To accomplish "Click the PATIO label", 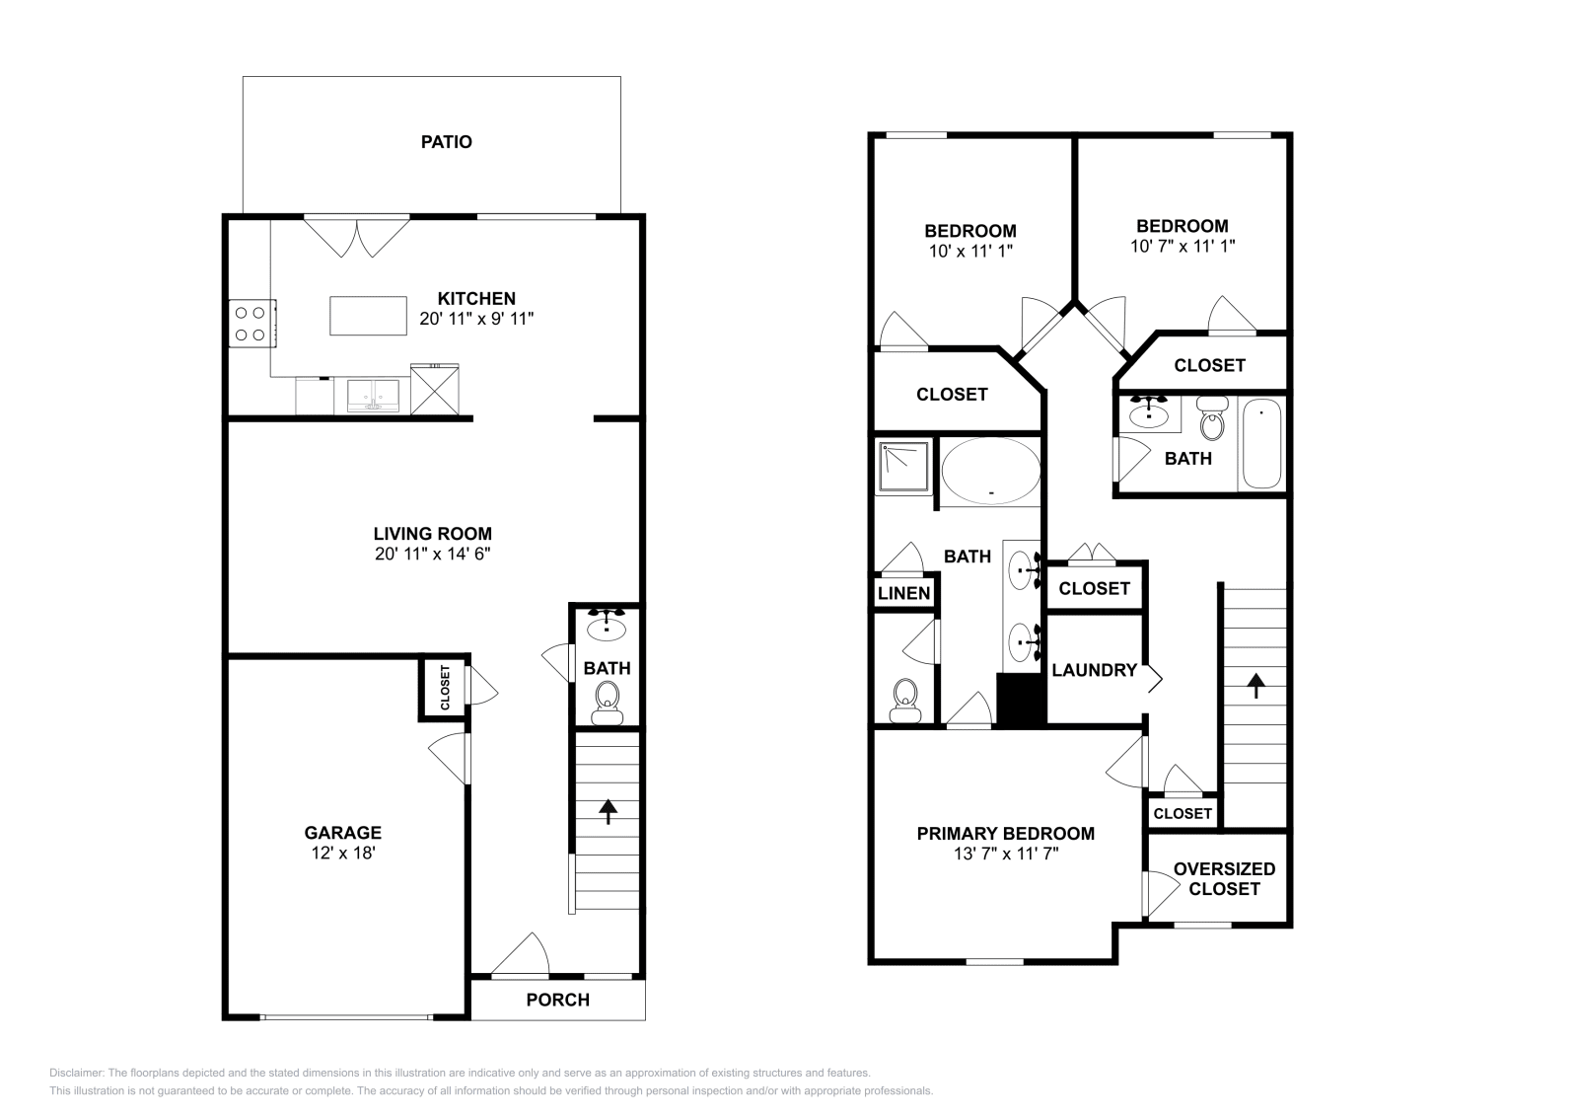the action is click(446, 142).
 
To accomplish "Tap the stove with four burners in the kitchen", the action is click(252, 324).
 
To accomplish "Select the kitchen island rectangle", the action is click(369, 316).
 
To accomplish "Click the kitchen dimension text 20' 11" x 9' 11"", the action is click(476, 319).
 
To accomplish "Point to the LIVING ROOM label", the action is click(433, 534).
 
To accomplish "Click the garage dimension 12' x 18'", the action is click(343, 853).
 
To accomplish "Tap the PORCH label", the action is click(558, 1000).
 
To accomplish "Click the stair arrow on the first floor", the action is click(608, 811).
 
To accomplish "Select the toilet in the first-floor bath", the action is click(607, 704).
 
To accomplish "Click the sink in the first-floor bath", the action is click(606, 625).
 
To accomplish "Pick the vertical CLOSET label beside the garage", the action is click(445, 688).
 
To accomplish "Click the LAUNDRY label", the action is click(1094, 670).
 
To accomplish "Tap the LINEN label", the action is click(903, 593).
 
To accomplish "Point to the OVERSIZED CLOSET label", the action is click(1224, 879).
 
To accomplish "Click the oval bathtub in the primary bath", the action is click(990, 472).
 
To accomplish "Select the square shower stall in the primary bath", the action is click(903, 466).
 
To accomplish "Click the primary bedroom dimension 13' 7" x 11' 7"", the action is click(1006, 854).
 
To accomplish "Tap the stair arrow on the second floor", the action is click(1256, 686).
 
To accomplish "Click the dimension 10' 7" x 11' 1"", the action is click(1183, 246).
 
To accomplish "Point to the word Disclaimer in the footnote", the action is click(77, 1073).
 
